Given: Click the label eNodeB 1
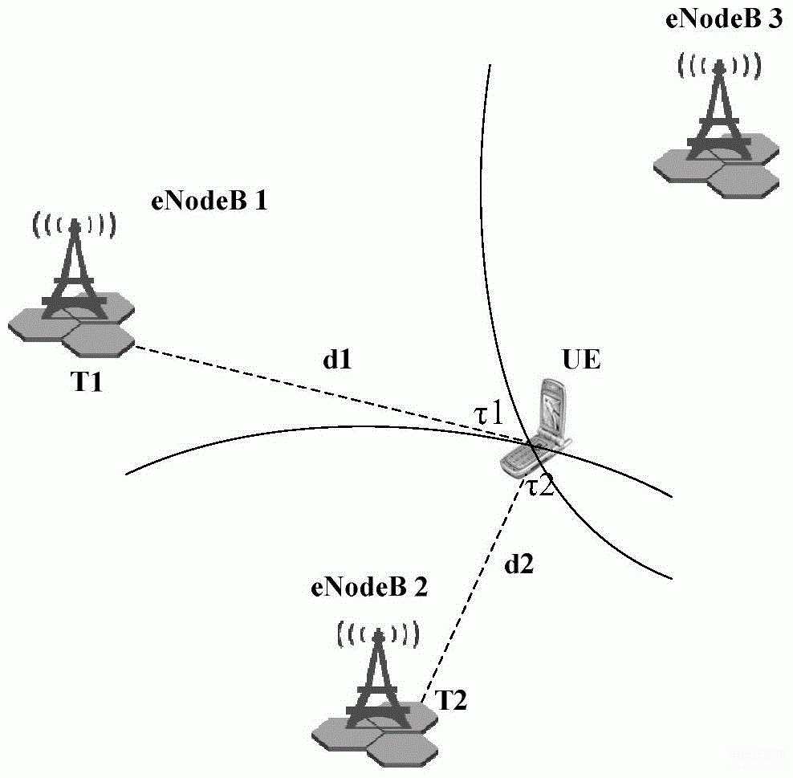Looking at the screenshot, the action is (209, 202).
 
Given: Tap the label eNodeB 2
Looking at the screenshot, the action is (369, 587).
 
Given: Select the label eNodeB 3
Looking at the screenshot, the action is (724, 19).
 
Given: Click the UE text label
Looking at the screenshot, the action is (582, 360).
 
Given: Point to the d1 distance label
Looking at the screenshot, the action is (337, 360).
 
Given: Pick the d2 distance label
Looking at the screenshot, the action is (518, 564).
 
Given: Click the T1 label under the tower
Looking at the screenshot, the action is (86, 381).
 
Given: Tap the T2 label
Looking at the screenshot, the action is (450, 700).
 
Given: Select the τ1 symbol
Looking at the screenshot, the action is (488, 413).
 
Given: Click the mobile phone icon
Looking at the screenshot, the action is (536, 427).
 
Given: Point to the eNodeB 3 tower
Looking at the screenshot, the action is (717, 127).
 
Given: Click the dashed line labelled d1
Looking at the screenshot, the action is (331, 393).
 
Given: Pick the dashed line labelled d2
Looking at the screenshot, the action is (473, 591).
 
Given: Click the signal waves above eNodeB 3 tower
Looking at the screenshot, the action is (719, 66).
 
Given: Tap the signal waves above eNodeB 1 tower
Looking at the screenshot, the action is (75, 225).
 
